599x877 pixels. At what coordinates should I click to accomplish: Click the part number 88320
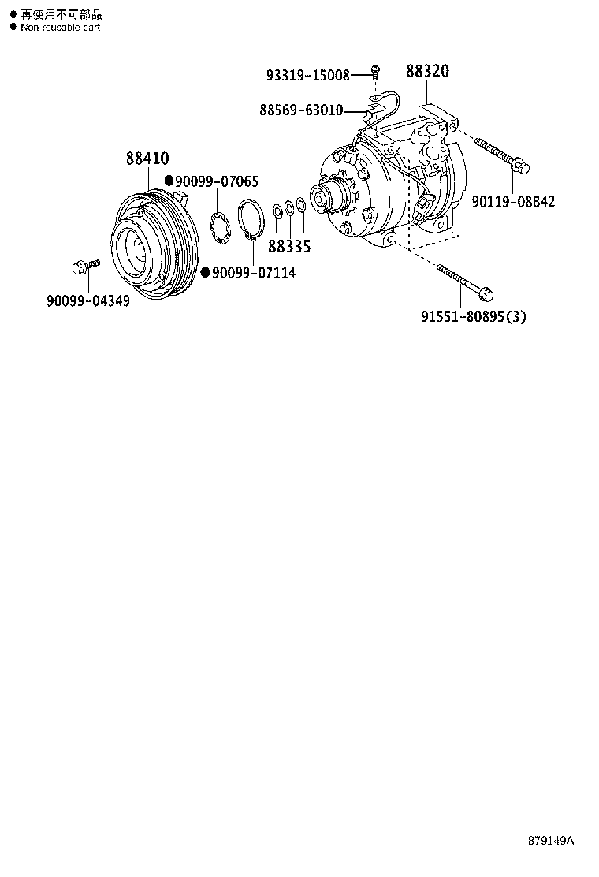[x=427, y=72]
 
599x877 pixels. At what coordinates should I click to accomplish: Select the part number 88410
[x=147, y=159]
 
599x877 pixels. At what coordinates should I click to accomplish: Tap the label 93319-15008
[x=307, y=76]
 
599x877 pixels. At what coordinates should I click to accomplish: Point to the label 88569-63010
[x=301, y=110]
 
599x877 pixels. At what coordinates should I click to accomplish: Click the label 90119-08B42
[x=513, y=202]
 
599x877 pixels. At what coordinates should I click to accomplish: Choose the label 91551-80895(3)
[x=473, y=316]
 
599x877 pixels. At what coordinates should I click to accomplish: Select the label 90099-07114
[x=247, y=274]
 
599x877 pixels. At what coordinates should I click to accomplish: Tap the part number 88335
[x=289, y=247]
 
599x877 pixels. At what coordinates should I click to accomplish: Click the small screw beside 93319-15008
[x=375, y=73]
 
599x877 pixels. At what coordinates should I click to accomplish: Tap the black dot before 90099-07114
[x=205, y=273]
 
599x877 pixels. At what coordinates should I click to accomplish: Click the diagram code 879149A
[x=551, y=841]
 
